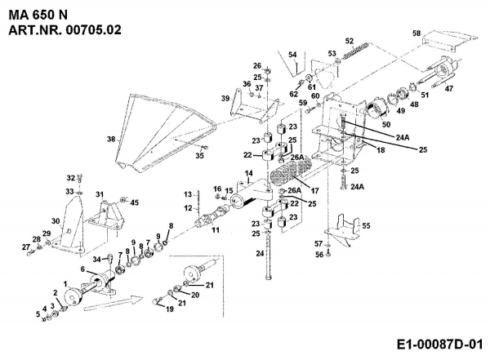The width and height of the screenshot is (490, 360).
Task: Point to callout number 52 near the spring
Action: point(349,40)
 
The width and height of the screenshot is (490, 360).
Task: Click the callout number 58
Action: point(416,33)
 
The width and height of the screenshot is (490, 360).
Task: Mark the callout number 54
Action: point(292,55)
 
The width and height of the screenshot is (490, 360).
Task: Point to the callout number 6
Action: point(82,269)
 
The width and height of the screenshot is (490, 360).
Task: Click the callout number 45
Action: point(135,202)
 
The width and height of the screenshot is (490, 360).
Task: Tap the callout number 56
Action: point(319,254)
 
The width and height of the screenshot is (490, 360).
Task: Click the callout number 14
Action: point(249,173)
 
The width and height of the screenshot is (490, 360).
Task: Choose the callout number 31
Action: point(100,194)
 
